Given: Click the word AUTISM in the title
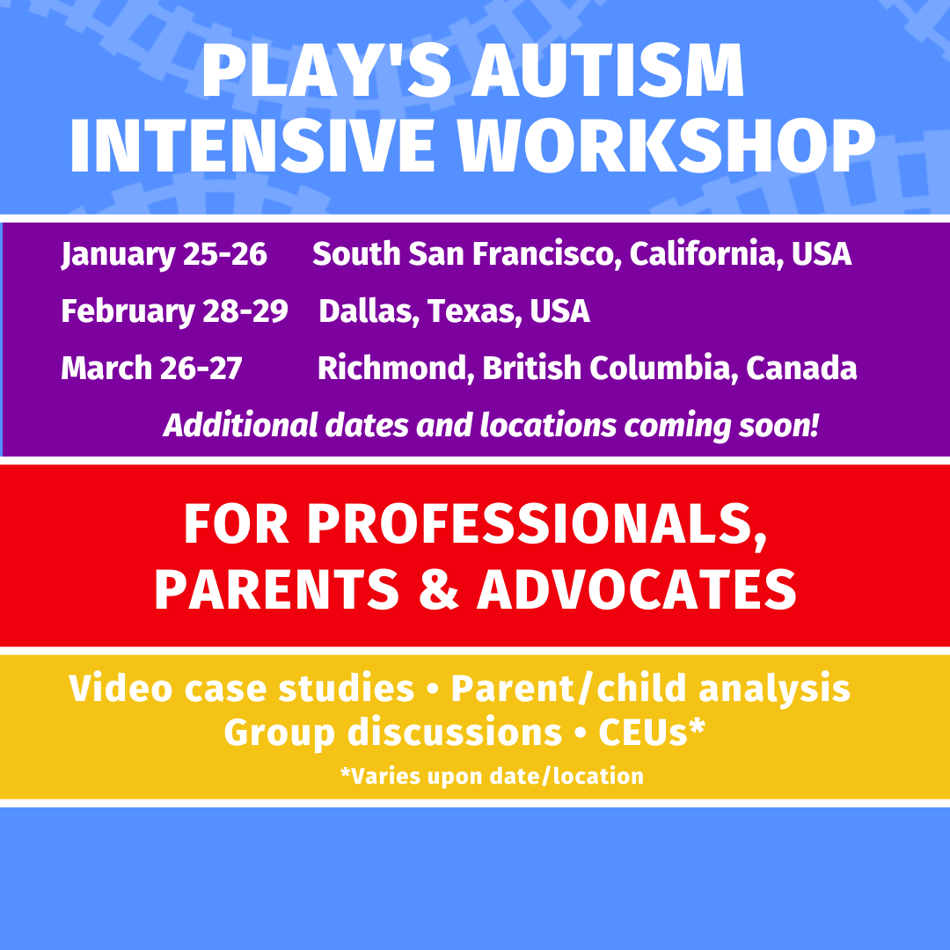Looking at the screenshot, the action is [x=608, y=70].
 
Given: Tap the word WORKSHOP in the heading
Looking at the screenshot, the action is [x=667, y=145].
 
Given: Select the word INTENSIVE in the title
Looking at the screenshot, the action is [x=252, y=145].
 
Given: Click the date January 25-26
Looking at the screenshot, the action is [x=164, y=254].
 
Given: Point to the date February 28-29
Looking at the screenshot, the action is [x=174, y=311].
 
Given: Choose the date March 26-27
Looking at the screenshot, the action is [x=151, y=369].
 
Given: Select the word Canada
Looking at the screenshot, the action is [x=801, y=369].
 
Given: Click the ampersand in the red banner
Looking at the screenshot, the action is [x=439, y=589].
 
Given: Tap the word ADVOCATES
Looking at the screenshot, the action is [x=637, y=589].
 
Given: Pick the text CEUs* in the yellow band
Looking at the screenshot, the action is [x=652, y=732].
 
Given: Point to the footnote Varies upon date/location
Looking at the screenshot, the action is [x=493, y=776].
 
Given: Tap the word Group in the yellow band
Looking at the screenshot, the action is [x=280, y=733].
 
